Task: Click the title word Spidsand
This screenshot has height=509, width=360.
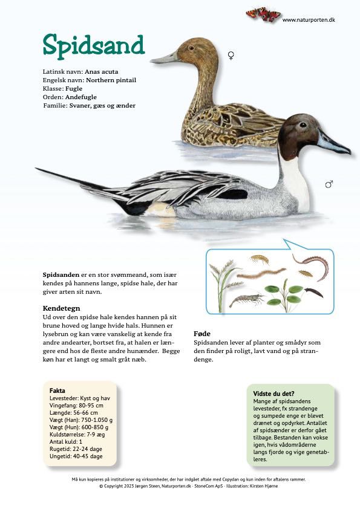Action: point(93,45)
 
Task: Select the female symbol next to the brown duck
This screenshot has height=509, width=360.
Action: point(231,56)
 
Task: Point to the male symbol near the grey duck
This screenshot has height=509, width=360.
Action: point(329,184)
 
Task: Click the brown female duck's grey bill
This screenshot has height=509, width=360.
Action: point(163,59)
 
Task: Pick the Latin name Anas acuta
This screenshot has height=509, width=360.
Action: point(101,71)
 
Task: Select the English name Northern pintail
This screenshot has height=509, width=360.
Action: point(111,80)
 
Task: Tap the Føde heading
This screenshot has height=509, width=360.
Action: point(202,333)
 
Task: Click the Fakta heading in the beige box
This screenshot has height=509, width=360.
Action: point(57,391)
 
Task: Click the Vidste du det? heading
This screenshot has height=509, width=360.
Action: point(273,394)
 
